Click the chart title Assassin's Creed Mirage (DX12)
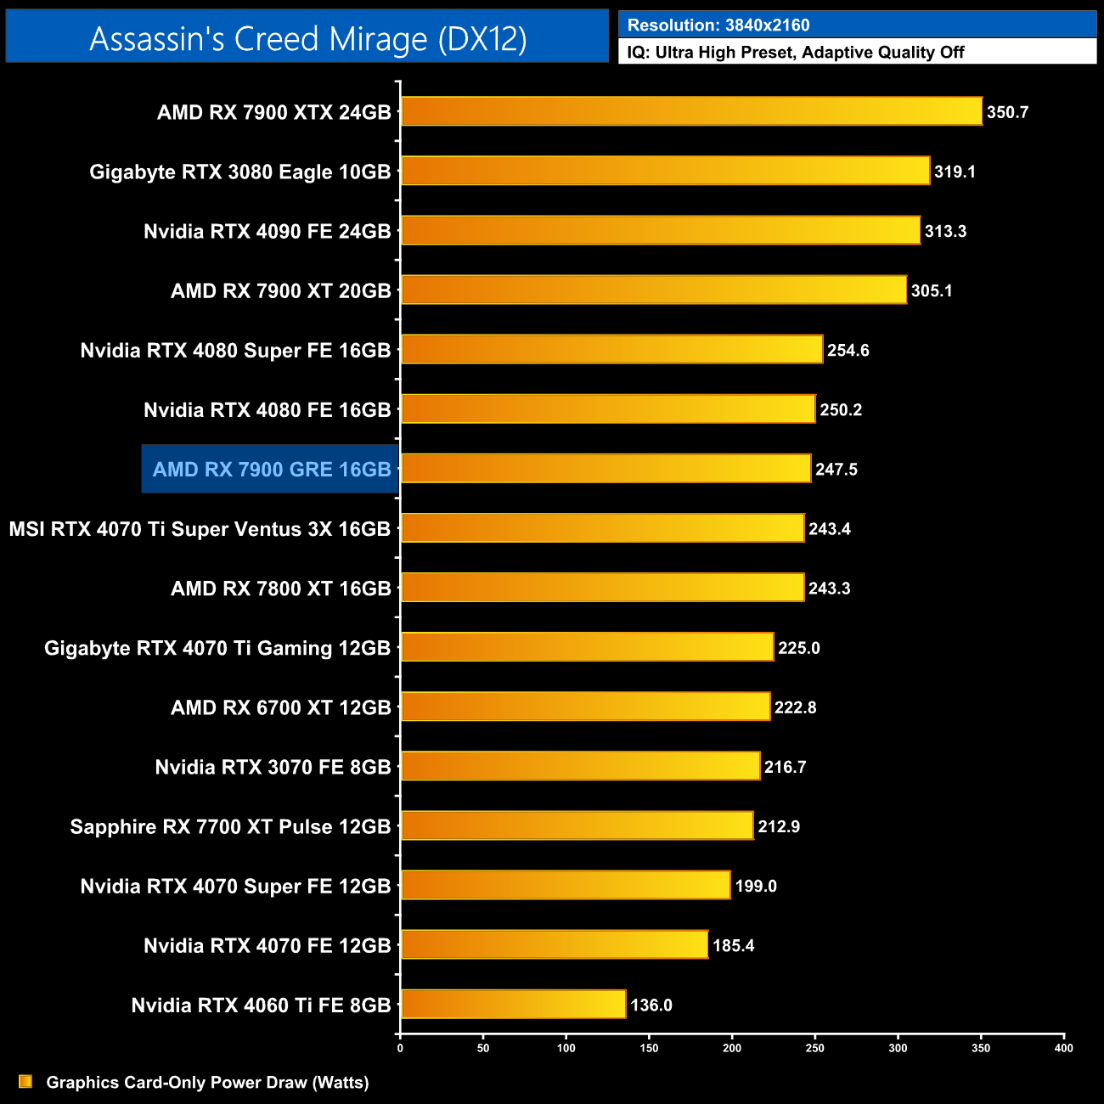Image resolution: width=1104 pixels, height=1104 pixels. coord(307,39)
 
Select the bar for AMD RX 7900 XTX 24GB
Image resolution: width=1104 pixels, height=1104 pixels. coord(691,111)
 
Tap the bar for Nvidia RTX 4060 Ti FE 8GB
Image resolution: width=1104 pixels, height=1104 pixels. coord(513,1004)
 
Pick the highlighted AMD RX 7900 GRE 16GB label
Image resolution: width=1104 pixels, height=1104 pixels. coord(272,470)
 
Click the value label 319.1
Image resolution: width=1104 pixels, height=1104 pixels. coord(955,172)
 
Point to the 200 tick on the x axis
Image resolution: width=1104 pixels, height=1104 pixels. coord(732,1048)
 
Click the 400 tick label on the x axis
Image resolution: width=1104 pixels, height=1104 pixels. coord(1063,1048)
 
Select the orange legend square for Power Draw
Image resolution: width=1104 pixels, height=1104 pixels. coord(25,1081)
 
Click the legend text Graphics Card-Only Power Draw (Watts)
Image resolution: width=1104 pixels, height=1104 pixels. coord(207,1082)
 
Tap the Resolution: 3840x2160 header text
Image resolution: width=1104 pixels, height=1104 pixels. coord(718,25)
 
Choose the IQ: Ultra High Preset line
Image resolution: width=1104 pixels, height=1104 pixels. coord(796,53)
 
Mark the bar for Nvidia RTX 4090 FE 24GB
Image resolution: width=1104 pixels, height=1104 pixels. coord(661,230)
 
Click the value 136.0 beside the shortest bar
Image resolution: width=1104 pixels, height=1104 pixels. coord(651,1005)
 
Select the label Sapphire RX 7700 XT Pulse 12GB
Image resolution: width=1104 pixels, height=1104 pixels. coord(230,827)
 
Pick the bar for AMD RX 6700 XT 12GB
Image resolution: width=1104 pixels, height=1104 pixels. coord(585,707)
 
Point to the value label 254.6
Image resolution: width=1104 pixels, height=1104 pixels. coord(848,351)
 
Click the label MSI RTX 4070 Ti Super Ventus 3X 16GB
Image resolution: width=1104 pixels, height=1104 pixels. coord(200,529)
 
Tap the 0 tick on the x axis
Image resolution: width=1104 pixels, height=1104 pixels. coord(400,1048)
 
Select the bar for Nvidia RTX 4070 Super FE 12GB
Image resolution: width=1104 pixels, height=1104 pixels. coord(566,885)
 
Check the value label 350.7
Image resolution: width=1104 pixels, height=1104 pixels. coord(1007,112)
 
